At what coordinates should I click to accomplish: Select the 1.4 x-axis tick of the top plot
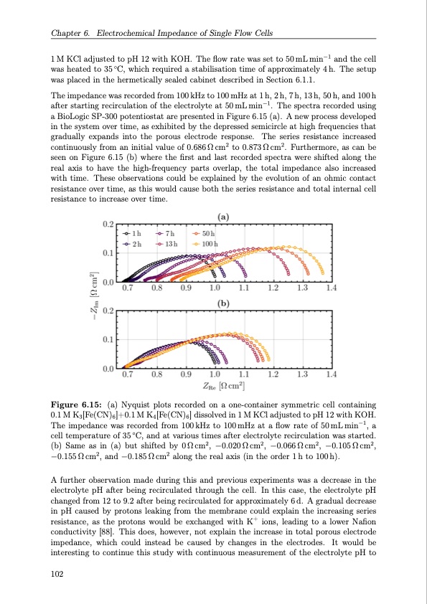(x=330, y=289)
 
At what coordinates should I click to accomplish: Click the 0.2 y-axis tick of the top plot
(x=108, y=225)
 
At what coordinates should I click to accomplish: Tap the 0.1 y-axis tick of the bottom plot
(x=108, y=339)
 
